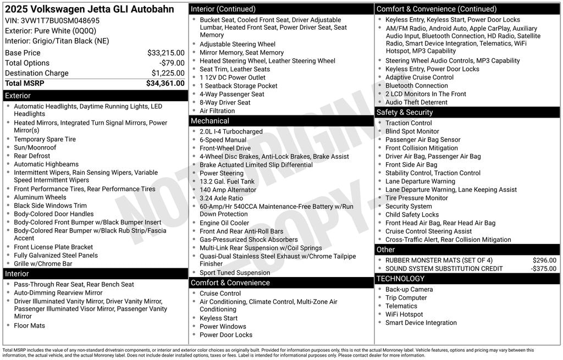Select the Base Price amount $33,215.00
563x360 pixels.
click(x=165, y=53)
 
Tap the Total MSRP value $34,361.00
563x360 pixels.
click(x=165, y=84)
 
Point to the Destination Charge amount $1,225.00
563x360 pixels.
click(x=168, y=73)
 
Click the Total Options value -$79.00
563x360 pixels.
click(x=172, y=63)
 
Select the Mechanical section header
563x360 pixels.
click(x=209, y=121)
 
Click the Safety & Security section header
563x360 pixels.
click(x=405, y=112)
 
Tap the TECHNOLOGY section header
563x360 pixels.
click(x=400, y=279)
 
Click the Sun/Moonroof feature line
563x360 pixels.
click(x=35, y=148)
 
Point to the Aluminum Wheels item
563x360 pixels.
click(x=40, y=197)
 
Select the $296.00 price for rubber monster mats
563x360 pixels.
click(x=544, y=261)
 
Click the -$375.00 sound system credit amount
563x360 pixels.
click(x=543, y=269)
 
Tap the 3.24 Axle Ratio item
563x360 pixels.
click(x=221, y=198)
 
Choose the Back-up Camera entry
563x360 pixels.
click(x=409, y=290)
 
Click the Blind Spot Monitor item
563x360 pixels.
click(x=412, y=131)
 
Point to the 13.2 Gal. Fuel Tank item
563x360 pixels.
click(x=227, y=181)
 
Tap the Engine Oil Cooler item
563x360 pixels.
click(x=224, y=223)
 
